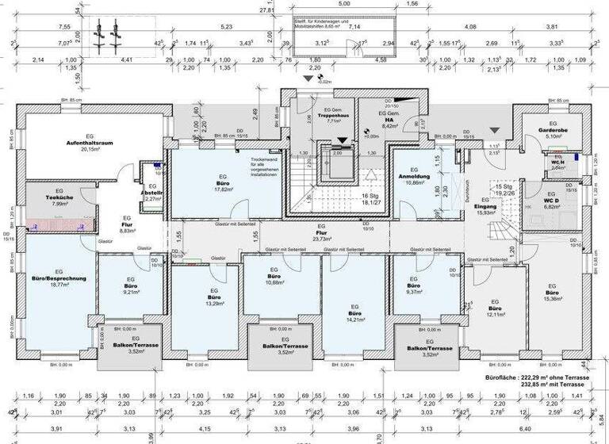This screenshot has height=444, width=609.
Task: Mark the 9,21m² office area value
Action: (x=132, y=293)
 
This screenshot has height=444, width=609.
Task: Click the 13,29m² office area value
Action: (x=213, y=303)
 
